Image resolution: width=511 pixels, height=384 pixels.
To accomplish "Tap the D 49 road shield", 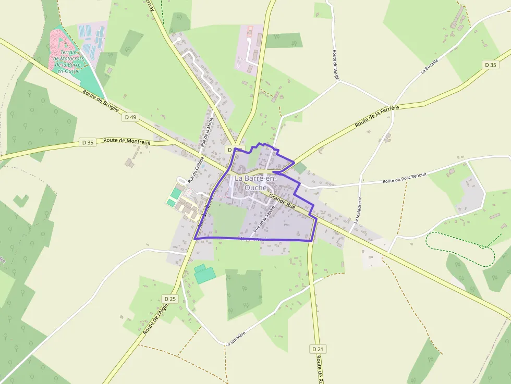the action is (130, 117).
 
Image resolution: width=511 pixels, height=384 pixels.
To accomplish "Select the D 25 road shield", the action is (170, 299).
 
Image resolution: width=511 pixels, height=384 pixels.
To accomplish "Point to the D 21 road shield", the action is (318, 349).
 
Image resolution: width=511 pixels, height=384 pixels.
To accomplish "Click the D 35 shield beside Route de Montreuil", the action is (88, 142).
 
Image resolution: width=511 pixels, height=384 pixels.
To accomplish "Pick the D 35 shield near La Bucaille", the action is (490, 65).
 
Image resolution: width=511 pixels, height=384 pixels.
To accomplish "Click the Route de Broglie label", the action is (101, 100).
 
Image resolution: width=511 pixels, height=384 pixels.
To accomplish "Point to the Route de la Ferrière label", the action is (376, 116).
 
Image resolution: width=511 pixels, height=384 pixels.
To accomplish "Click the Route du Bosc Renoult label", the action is (405, 178).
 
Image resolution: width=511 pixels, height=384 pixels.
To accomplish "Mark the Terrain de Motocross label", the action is (68, 61).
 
